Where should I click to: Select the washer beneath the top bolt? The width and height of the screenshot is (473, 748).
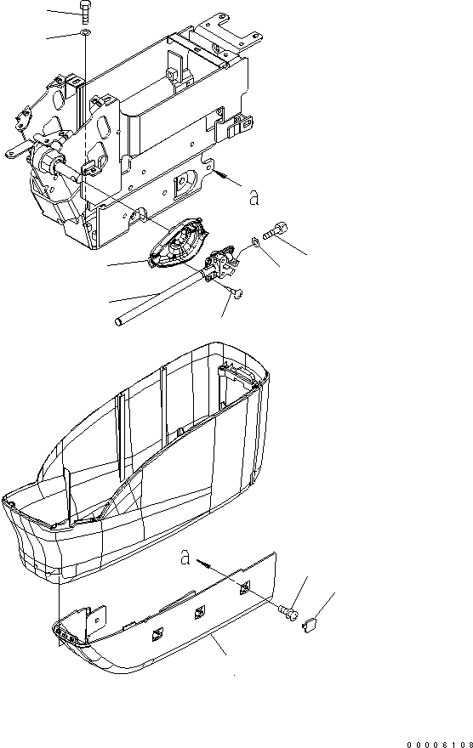[x=84, y=32]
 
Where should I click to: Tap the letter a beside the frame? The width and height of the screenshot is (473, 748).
[x=254, y=197]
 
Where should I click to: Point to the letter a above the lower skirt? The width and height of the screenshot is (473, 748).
[x=185, y=557]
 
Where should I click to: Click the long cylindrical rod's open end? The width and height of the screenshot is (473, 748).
[x=118, y=321]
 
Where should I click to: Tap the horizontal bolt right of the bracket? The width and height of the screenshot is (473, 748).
[x=276, y=230]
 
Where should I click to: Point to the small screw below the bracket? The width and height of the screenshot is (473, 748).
[x=237, y=292]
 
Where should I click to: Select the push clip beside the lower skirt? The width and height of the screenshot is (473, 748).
[x=288, y=611]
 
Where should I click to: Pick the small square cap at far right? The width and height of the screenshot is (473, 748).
[x=311, y=625]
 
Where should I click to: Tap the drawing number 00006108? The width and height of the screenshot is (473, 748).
[x=440, y=744]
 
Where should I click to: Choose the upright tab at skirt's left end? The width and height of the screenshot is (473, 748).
[x=97, y=621]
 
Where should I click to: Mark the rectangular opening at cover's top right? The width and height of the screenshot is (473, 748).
[x=240, y=377]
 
